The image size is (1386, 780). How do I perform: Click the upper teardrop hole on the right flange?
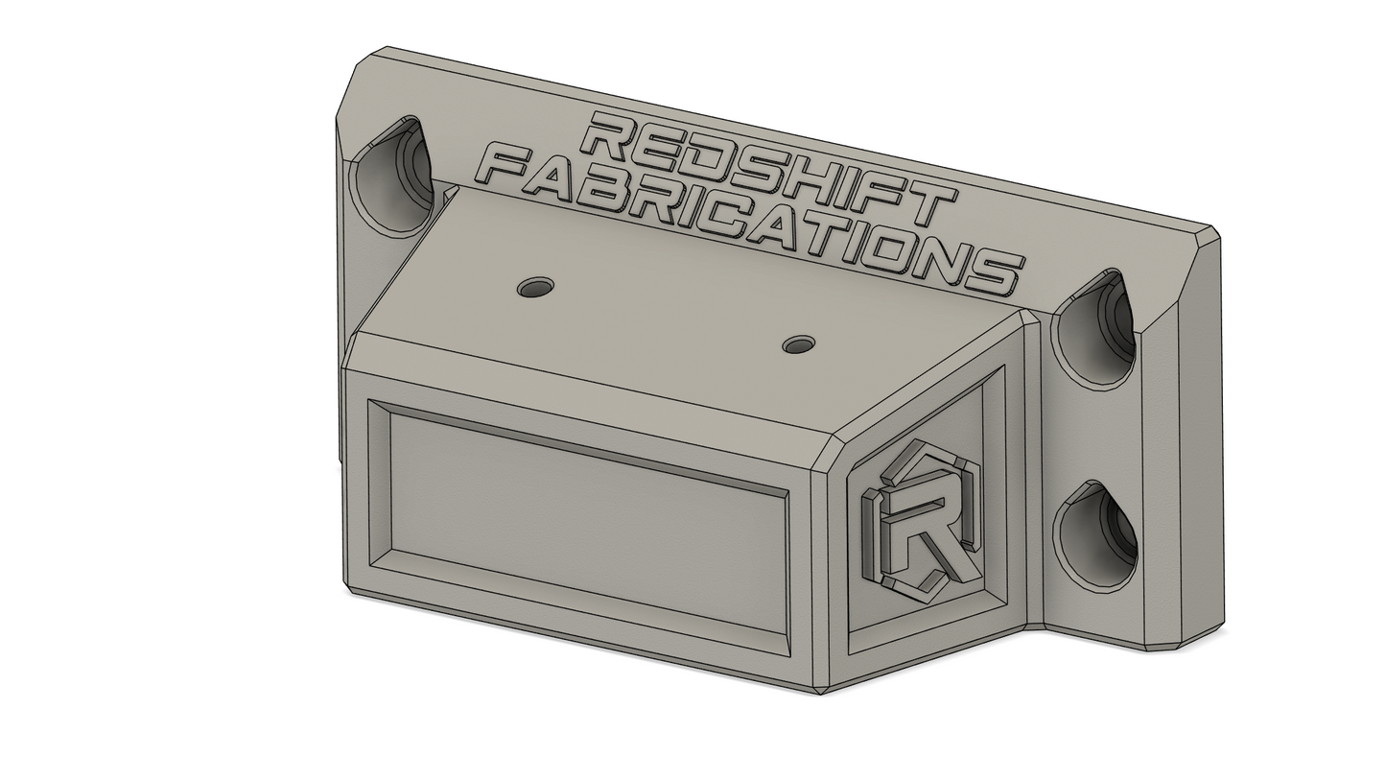(1097, 329)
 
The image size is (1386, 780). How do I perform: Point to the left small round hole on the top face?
(536, 287)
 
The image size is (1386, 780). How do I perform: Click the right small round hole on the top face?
(798, 344)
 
